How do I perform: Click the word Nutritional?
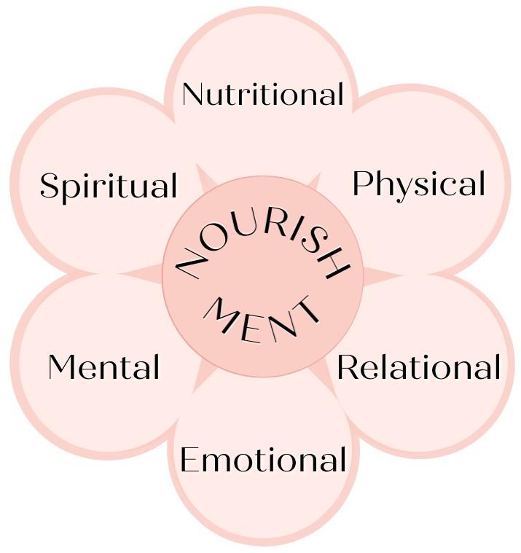[x=262, y=94]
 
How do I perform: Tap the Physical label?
[x=418, y=184]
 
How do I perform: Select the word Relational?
[x=418, y=368]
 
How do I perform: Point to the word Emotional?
[x=262, y=460]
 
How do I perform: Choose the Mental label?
[x=103, y=367]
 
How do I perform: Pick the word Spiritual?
[x=109, y=186]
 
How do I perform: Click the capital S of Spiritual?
[x=50, y=186]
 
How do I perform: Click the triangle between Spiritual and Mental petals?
[x=146, y=273]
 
